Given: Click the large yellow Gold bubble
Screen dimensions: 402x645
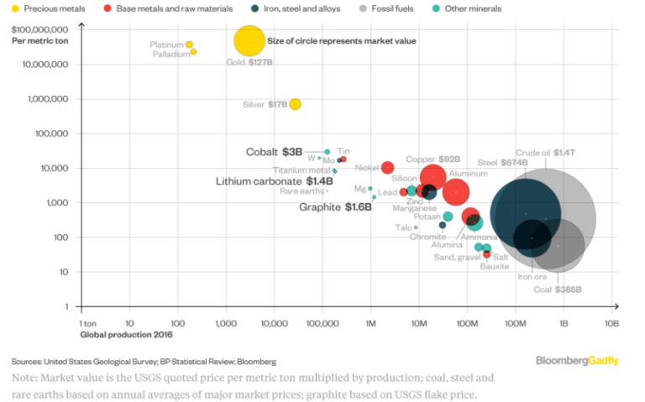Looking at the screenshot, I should (249, 40).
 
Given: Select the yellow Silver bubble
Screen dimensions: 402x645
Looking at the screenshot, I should (295, 104).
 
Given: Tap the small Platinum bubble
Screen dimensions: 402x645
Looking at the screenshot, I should (189, 44).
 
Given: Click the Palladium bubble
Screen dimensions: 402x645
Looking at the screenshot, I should (193, 52).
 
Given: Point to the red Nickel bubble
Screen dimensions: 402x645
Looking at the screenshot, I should (387, 168).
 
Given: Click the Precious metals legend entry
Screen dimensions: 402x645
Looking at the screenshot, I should (36, 8).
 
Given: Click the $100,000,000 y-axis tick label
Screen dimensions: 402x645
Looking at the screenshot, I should (45, 29).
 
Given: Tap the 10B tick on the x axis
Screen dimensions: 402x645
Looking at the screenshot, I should (611, 323).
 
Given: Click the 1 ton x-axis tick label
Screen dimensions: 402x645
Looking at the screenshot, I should (88, 323).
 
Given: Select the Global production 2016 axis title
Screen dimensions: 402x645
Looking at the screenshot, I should (117, 334).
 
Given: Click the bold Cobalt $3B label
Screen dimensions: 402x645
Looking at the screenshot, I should (273, 152).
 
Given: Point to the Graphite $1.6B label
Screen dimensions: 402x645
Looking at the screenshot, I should (335, 206).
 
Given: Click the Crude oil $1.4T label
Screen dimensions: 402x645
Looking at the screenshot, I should (544, 152).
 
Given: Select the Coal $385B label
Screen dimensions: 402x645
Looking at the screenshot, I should (558, 290).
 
